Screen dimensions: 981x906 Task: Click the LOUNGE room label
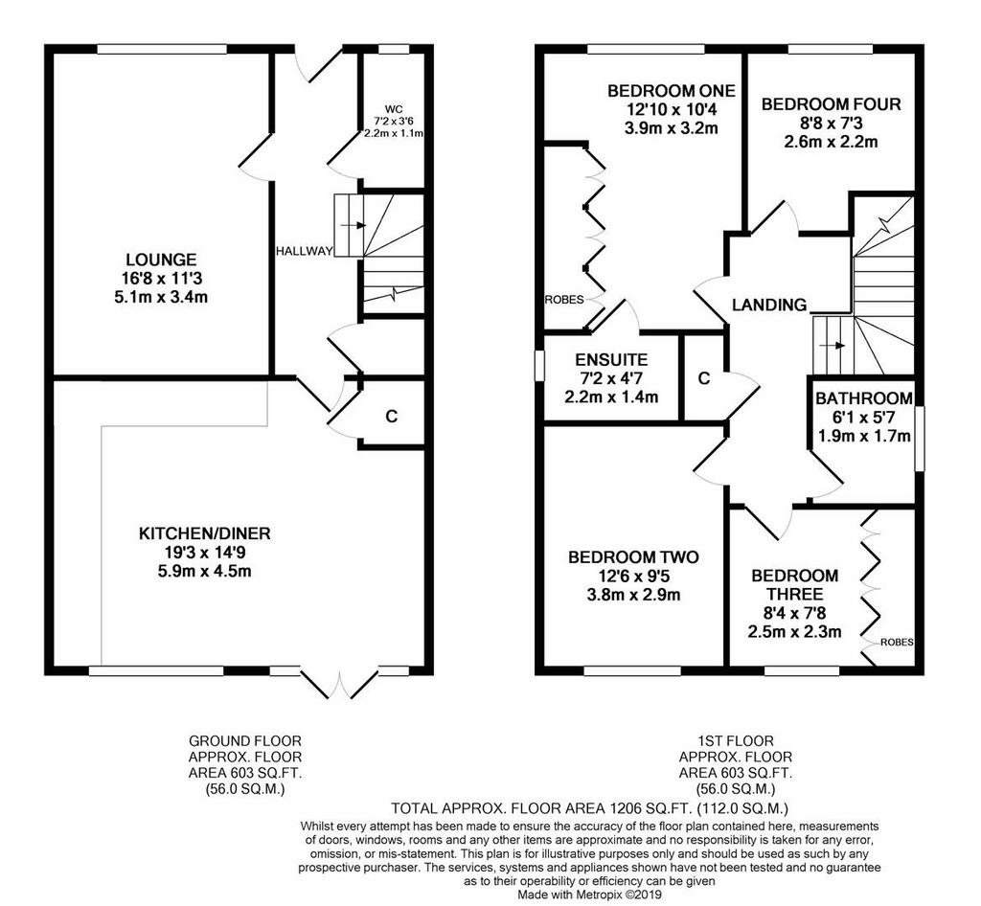(161, 260)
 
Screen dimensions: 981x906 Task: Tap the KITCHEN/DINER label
(204, 533)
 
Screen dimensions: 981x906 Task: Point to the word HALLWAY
(304, 251)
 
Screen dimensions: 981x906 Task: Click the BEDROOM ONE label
(672, 91)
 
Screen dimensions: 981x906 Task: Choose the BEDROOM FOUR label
(831, 103)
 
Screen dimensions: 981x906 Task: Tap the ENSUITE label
(611, 359)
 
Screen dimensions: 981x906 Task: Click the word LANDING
(769, 305)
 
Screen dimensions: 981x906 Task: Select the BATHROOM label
(863, 398)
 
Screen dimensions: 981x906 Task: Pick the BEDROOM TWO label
(633, 557)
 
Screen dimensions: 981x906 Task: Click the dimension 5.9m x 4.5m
(205, 571)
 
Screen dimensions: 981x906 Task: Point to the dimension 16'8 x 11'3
(161, 279)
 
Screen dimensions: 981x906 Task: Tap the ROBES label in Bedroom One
(563, 300)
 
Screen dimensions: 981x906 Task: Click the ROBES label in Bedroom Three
(897, 642)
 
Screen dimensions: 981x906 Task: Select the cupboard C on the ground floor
(392, 416)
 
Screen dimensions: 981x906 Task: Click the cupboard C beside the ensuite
(704, 378)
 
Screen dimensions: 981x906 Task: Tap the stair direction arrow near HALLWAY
(353, 225)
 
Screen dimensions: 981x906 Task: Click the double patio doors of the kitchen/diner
(340, 684)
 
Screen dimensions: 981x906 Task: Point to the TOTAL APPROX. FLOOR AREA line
(589, 807)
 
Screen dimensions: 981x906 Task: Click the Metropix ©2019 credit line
(589, 895)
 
